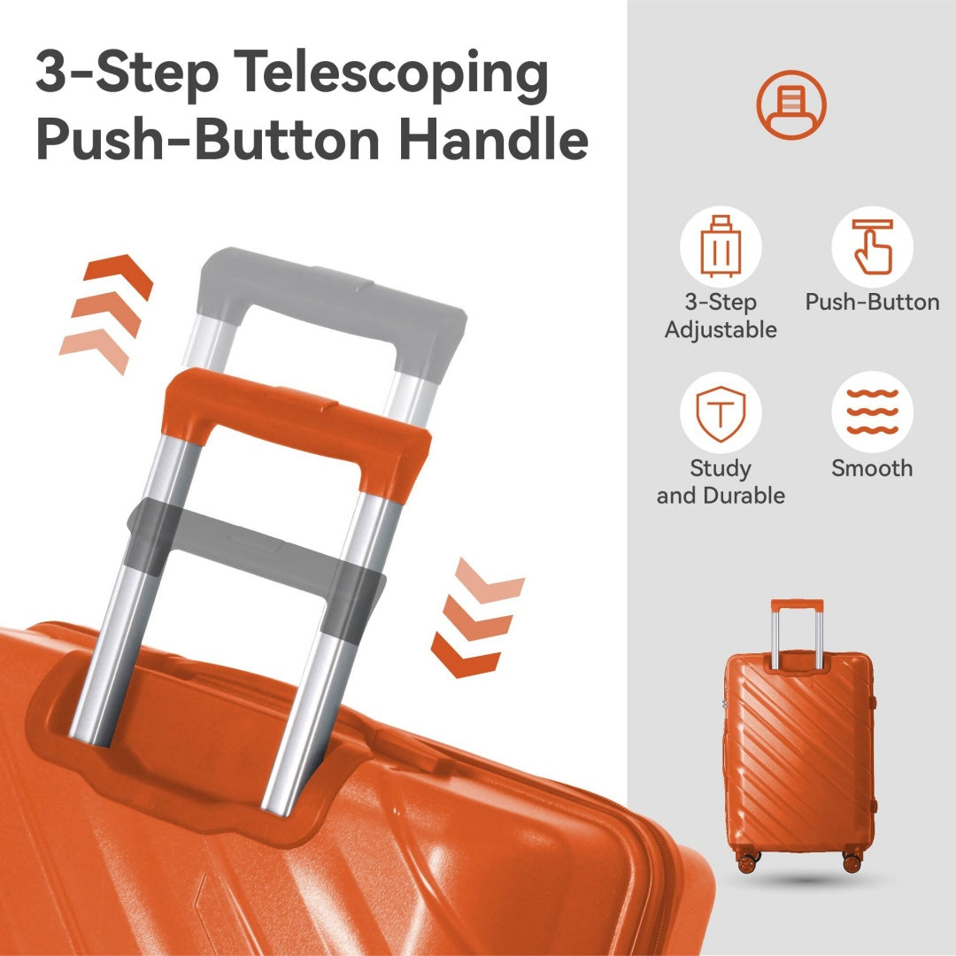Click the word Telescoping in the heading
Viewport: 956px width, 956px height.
391,75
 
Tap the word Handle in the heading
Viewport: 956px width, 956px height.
494,140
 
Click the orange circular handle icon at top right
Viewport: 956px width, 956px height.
791,104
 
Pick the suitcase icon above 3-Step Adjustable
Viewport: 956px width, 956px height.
721,246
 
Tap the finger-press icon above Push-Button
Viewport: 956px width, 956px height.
873,246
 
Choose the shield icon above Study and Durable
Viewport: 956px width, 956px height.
721,412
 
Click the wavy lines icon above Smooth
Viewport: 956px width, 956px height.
873,412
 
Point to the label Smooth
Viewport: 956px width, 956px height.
873,468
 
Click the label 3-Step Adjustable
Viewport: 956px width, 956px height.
721,316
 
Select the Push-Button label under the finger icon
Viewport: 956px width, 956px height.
873,303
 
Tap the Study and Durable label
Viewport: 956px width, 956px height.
721,482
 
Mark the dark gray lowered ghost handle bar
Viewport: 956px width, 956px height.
255,548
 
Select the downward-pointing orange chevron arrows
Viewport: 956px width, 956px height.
477,617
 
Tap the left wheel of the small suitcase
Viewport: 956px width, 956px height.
747,862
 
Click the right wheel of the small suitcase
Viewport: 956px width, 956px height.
852,862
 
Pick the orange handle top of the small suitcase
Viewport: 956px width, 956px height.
797,605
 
